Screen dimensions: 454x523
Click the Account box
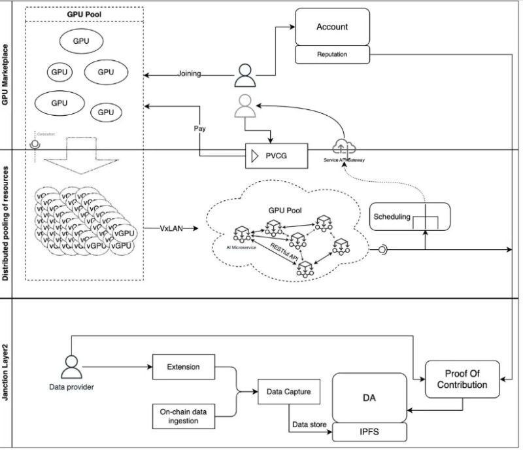tap(332, 27)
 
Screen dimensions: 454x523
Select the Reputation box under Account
tap(332, 55)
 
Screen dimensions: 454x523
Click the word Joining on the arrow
tap(189, 74)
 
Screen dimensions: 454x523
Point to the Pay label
tap(200, 128)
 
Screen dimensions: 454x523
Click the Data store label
tap(309, 424)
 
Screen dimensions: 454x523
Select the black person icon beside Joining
tap(244, 75)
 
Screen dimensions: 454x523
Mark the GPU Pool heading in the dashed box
tap(84, 13)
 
